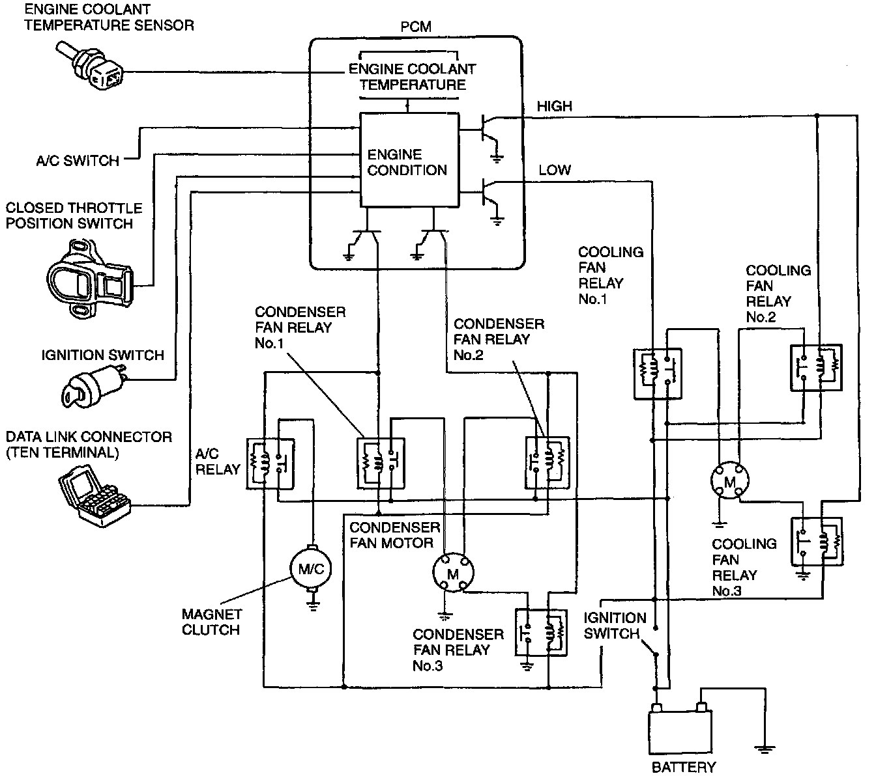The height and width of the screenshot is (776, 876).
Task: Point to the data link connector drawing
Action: pos(95,496)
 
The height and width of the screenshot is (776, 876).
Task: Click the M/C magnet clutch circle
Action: pos(311,569)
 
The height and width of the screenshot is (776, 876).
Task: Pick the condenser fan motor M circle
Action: pos(453,573)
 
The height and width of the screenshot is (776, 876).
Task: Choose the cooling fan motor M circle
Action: pos(730,480)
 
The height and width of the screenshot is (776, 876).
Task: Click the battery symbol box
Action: pos(680,731)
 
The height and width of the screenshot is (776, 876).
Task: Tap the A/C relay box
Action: pos(270,464)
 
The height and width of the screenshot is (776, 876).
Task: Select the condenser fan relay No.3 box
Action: pos(541,632)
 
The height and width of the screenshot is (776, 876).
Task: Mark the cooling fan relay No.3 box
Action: pos(817,541)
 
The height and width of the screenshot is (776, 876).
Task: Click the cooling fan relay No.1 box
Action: pos(658,374)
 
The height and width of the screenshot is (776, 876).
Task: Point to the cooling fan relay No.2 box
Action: pos(816,367)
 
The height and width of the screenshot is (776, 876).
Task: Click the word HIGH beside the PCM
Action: pos(554,106)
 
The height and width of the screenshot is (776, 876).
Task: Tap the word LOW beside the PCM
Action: pos(554,170)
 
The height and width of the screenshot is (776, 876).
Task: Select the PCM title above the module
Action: pos(416,27)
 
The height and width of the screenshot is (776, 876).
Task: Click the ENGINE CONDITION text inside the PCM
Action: pos(407,162)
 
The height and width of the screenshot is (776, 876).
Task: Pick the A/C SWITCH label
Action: pos(78,161)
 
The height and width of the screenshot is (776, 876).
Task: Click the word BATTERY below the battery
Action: pos(684,767)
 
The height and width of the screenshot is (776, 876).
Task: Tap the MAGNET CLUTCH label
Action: pos(212,622)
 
